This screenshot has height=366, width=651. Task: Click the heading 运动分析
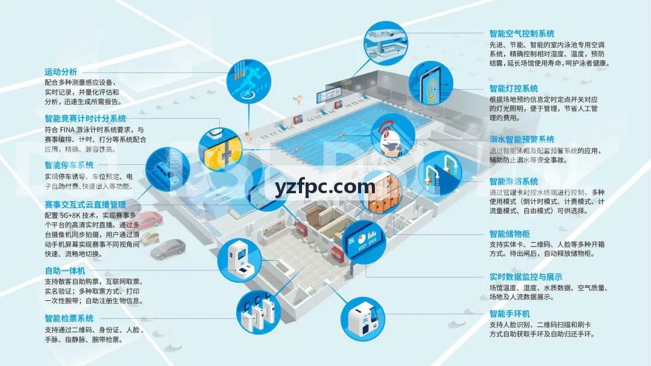(61, 72)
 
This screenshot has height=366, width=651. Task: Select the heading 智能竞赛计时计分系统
(85, 119)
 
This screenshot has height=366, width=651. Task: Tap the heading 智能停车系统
(69, 165)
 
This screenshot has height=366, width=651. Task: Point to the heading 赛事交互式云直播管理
(85, 204)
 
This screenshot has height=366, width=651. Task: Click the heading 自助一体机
(64, 271)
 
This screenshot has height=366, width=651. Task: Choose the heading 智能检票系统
(69, 318)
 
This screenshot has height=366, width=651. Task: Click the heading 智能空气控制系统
(522, 34)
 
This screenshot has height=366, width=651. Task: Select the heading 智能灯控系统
(514, 88)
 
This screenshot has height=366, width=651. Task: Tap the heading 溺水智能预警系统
(522, 139)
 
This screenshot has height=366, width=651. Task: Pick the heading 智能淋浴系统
(514, 182)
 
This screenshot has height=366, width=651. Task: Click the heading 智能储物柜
(509, 234)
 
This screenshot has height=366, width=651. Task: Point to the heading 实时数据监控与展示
(526, 277)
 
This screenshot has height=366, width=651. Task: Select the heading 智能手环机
(509, 314)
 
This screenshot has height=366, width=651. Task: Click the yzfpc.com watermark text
(325, 187)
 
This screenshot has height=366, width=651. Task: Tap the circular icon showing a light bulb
(431, 83)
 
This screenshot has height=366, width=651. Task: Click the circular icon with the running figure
(249, 81)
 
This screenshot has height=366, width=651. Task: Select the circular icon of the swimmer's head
(392, 137)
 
